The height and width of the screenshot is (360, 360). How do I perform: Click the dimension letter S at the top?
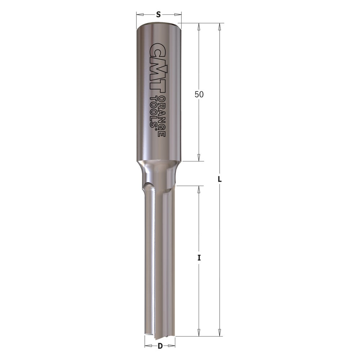(158, 15)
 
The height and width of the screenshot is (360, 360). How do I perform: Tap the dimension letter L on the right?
(220, 179)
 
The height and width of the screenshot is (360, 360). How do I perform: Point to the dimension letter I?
(199, 258)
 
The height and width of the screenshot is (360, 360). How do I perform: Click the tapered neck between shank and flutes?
(158, 173)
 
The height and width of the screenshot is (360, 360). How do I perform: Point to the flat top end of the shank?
(158, 23)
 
